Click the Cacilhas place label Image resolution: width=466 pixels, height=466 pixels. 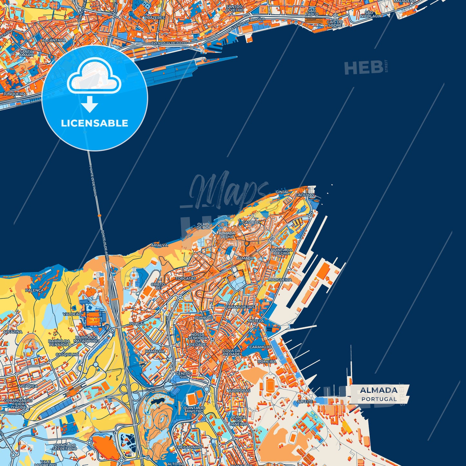point(304,195)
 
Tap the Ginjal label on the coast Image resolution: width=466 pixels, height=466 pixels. point(282,192)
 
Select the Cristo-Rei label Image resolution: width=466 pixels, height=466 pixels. point(158,286)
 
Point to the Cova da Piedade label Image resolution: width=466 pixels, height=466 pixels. point(232,352)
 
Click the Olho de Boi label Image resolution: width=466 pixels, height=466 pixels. point(203,226)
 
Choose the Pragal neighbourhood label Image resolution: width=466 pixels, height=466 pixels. point(137,323)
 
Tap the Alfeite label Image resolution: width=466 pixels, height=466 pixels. point(305,402)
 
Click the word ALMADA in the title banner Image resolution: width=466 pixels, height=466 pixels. point(379,391)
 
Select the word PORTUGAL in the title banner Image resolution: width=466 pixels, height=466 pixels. point(379,399)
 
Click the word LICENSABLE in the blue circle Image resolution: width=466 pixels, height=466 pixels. point(94,123)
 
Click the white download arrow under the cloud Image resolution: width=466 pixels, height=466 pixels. point(90,104)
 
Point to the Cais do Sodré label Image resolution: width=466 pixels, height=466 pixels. point(335,23)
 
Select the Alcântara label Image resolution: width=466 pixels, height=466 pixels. point(54,40)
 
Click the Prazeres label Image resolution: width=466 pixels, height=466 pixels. point(154,18)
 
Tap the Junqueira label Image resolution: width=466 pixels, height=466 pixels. point(15,94)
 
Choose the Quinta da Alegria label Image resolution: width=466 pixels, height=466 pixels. point(281,252)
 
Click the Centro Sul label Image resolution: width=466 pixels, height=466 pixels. point(183,375)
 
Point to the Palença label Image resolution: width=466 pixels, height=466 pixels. point(34,290)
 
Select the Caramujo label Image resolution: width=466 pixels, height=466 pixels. point(260,347)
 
